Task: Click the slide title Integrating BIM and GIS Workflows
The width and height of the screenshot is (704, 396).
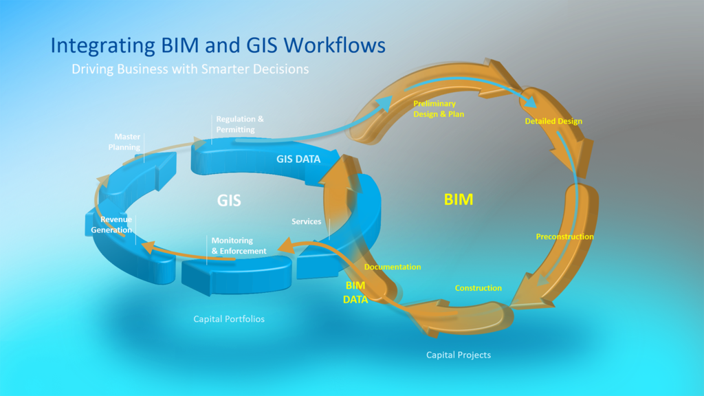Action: click(x=217, y=45)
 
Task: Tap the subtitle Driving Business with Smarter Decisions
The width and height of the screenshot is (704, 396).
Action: click(x=190, y=69)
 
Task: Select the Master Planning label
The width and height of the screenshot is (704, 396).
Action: click(x=124, y=142)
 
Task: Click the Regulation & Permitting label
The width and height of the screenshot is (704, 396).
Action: click(x=240, y=124)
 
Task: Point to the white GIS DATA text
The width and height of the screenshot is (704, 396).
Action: click(x=298, y=159)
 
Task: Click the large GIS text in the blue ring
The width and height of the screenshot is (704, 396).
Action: click(x=229, y=200)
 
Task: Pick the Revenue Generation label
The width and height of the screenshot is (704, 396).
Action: click(x=112, y=225)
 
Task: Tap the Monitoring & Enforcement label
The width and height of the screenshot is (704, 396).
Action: click(x=239, y=246)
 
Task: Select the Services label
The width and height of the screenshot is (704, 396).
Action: click(x=306, y=221)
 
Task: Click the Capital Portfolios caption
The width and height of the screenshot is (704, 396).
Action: click(x=229, y=319)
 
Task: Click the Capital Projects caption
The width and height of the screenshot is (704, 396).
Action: click(x=459, y=355)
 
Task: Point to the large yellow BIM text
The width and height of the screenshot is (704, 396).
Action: click(x=458, y=199)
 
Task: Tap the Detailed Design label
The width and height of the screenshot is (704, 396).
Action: click(x=553, y=121)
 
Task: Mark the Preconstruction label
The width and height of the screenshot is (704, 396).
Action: click(x=564, y=236)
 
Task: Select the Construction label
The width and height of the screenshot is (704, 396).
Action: click(x=478, y=288)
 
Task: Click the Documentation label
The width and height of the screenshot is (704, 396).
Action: click(x=393, y=267)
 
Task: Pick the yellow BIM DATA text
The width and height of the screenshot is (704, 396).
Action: click(x=355, y=292)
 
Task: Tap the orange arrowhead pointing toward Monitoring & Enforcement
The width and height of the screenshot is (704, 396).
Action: click(x=284, y=245)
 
